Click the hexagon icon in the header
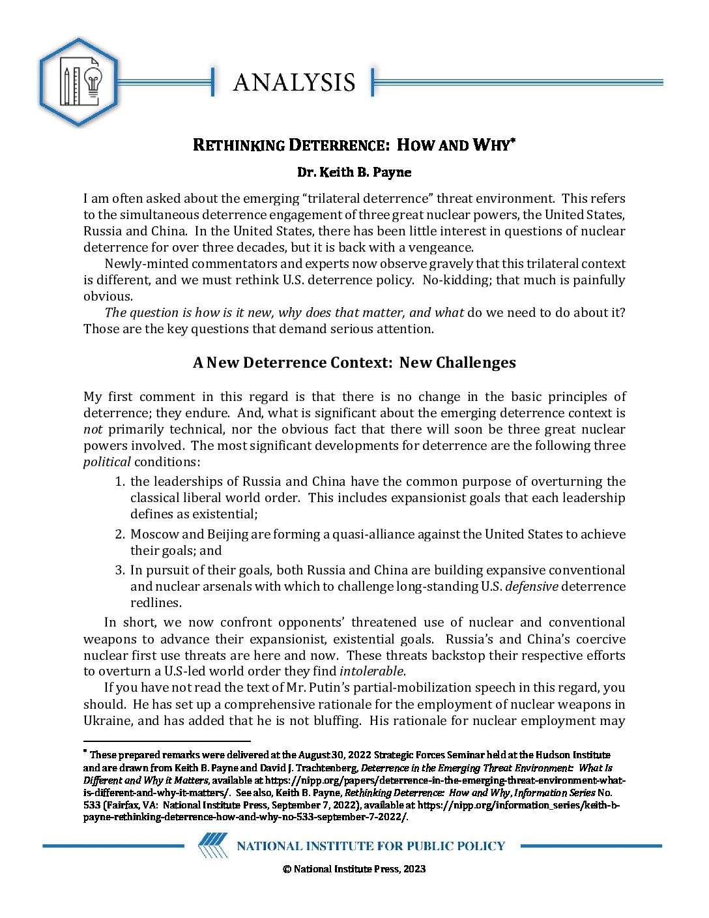[79, 82]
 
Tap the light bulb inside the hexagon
[93, 83]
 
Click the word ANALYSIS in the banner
[294, 82]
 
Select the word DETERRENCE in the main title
[338, 145]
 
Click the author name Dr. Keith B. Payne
[354, 172]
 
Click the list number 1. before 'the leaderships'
[120, 482]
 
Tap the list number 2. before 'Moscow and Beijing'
[120, 535]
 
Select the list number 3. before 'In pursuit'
[120, 570]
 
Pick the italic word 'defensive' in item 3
[532, 587]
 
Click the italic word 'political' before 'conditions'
[107, 462]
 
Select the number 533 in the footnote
[92, 805]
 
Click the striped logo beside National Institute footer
[213, 846]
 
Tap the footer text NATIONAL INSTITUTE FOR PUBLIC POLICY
[371, 846]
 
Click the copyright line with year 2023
[354, 869]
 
